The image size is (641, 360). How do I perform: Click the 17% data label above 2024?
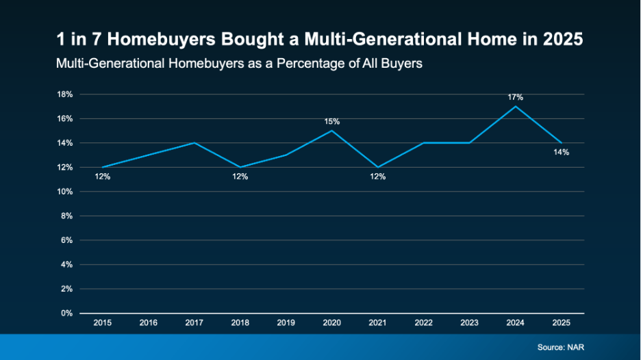[x=515, y=97]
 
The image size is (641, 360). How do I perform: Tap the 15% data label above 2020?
[x=332, y=121]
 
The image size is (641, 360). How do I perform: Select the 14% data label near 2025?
[x=562, y=152]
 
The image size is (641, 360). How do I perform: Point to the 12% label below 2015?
[x=102, y=177]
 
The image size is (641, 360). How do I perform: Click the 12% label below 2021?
[x=378, y=177]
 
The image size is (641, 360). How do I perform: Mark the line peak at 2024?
[x=515, y=106]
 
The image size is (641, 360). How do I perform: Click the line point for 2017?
[x=194, y=143]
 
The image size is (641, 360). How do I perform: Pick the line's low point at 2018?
[x=240, y=167]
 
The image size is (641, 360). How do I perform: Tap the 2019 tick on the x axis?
[x=286, y=322]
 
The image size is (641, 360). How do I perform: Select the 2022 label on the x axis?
[x=424, y=322]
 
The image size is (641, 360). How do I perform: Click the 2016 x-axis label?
[x=149, y=322]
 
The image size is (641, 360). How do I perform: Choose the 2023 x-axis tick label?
[x=470, y=322]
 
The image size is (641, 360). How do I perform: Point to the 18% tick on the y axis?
[x=66, y=94]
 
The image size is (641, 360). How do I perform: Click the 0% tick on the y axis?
[x=67, y=313]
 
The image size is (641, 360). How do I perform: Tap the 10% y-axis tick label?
[x=66, y=192]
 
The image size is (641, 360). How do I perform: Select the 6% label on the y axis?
[x=67, y=240]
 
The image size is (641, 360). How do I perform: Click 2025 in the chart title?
[x=562, y=40]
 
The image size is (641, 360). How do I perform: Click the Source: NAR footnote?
[x=561, y=348]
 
